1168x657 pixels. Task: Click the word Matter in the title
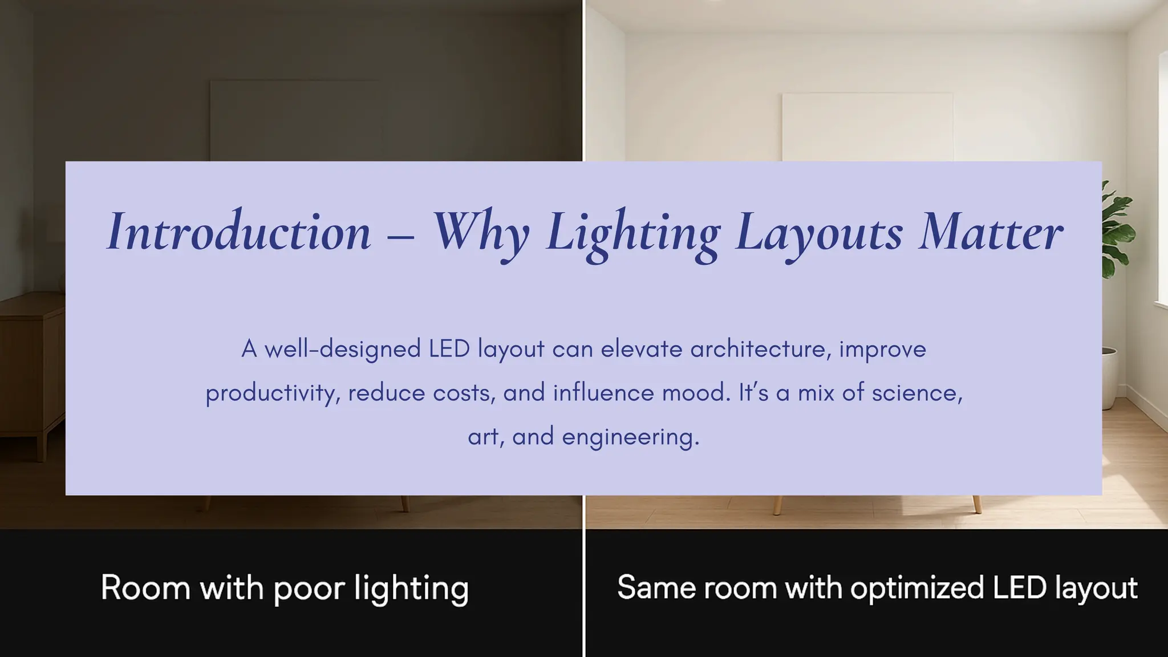click(x=991, y=232)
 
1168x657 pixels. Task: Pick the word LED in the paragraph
click(x=449, y=349)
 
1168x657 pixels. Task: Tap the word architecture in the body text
click(x=758, y=349)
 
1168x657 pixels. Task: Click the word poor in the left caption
click(x=309, y=589)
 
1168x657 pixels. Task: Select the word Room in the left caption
click(x=145, y=587)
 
